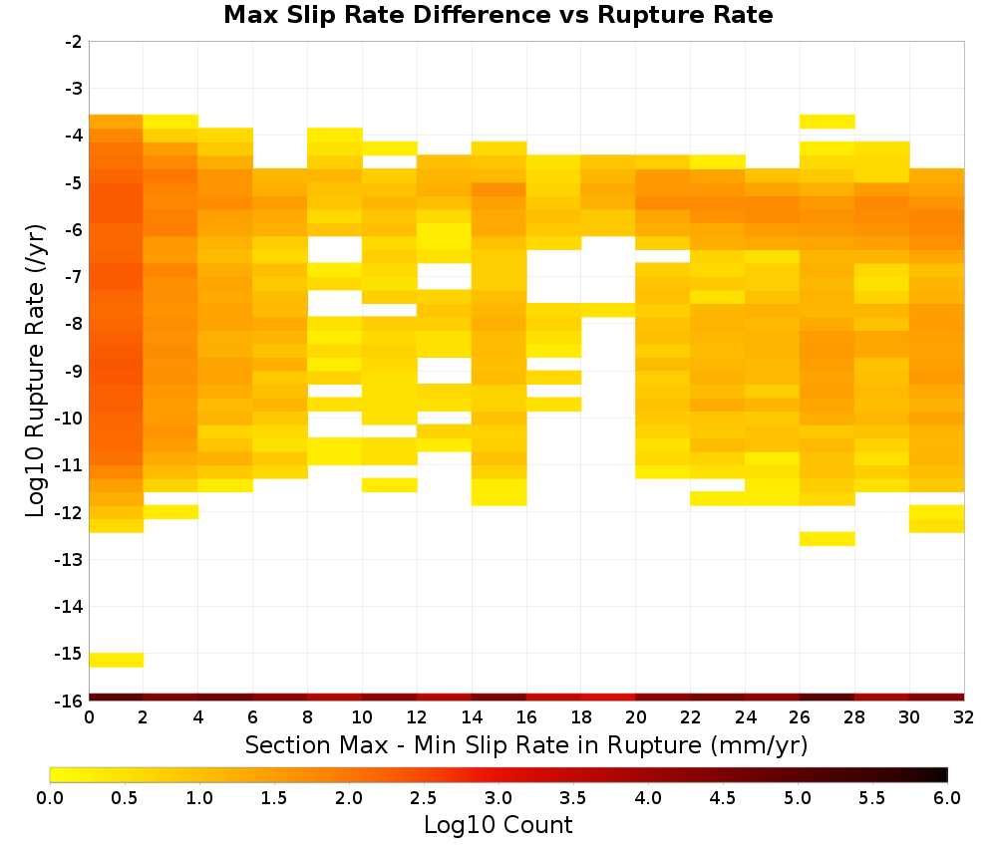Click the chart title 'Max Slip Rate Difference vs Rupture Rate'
[x=498, y=15]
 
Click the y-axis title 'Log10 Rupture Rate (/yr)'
[x=35, y=371]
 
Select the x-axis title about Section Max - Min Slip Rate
[x=525, y=745]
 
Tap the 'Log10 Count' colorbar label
[x=498, y=825]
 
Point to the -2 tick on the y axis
[x=74, y=42]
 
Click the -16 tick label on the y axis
[x=70, y=701]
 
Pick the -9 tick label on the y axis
[x=74, y=371]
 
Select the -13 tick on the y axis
[x=70, y=559]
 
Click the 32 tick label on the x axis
[x=964, y=718]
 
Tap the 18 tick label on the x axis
[x=581, y=718]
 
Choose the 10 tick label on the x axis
[x=363, y=718]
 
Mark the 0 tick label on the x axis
[x=89, y=718]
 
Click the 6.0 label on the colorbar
[x=947, y=798]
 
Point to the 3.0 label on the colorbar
[x=498, y=798]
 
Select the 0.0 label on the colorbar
[x=50, y=798]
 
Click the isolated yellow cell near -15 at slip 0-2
[x=117, y=660]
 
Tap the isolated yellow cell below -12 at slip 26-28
[x=828, y=539]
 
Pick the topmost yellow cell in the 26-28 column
[x=828, y=122]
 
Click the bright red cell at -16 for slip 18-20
[x=608, y=698]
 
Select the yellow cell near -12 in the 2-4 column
[x=171, y=511]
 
